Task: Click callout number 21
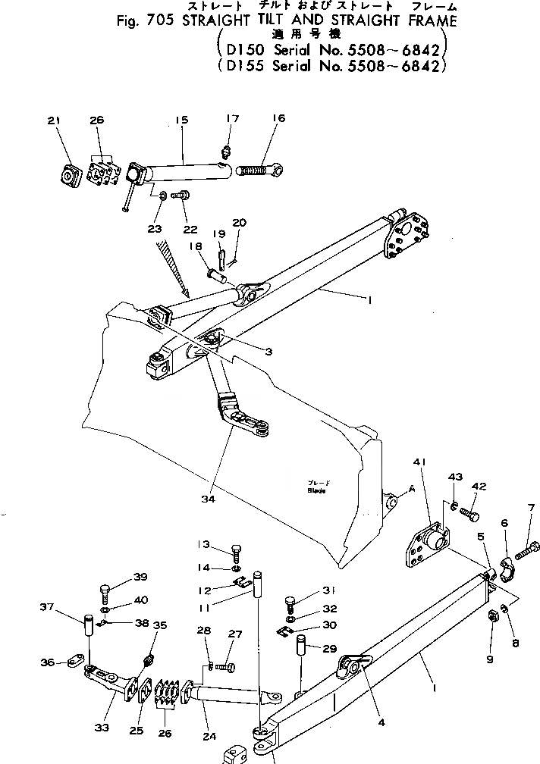[53, 121]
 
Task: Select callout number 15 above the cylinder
[180, 121]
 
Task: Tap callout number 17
[232, 118]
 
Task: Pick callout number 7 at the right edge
[531, 507]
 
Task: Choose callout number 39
[140, 578]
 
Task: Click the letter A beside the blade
[412, 490]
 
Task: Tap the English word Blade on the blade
[316, 490]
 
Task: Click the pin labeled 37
[87, 627]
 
